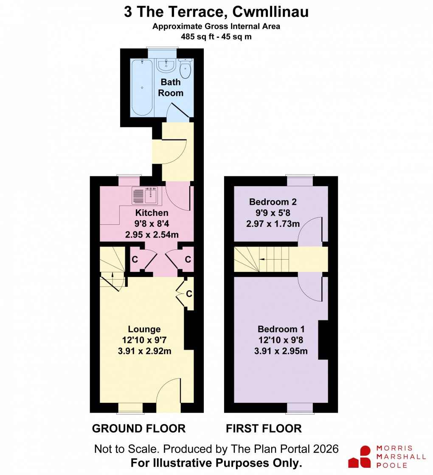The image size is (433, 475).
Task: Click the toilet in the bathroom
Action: [x=186, y=68]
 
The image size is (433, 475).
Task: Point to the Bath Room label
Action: [x=171, y=88]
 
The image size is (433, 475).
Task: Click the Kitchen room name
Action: [x=152, y=213]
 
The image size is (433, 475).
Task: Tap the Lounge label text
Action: [x=144, y=329]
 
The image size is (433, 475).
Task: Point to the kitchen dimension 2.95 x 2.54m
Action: [x=152, y=234]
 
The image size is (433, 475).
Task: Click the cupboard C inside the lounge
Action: [x=189, y=294]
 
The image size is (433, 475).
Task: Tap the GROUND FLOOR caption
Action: [x=139, y=429]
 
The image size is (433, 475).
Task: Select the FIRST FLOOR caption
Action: [x=264, y=429]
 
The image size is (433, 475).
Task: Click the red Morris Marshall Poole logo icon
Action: [x=360, y=457]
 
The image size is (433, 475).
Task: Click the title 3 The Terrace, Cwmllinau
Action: [x=216, y=12]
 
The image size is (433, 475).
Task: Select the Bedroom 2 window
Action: [x=300, y=181]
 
